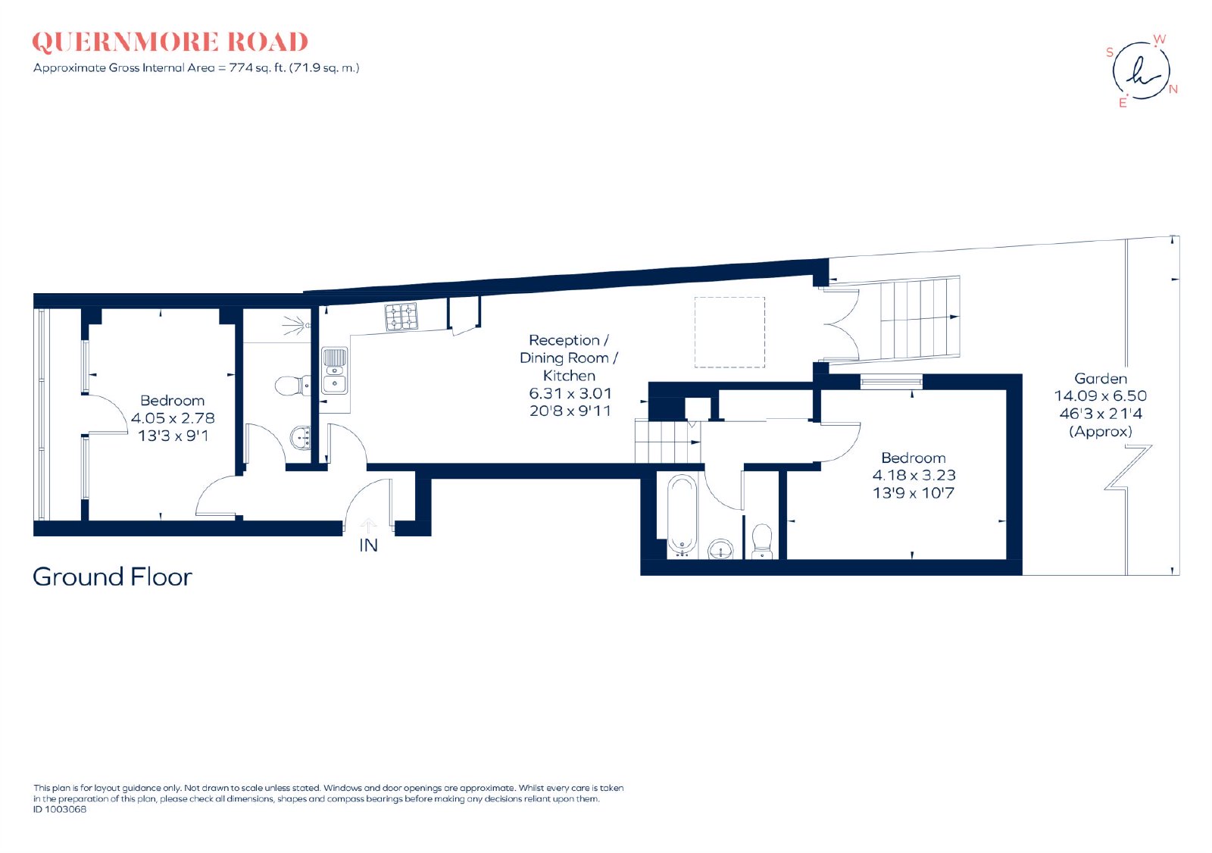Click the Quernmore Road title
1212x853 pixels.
(170, 42)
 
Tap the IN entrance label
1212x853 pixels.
(368, 545)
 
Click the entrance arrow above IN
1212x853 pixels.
(368, 526)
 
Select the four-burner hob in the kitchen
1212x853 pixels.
(401, 317)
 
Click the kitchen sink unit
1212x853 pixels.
(335, 370)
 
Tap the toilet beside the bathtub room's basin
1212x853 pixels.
(762, 540)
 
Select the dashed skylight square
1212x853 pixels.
(729, 333)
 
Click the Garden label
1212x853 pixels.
(1101, 378)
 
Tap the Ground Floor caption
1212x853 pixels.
(113, 577)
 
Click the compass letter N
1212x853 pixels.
(1173, 89)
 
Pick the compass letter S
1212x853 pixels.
(1110, 52)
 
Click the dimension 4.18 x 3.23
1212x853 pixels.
(914, 475)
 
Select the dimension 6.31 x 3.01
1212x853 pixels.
(570, 393)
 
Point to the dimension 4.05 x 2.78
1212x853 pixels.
(173, 418)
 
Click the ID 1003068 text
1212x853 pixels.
(60, 809)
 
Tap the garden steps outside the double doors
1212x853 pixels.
(920, 317)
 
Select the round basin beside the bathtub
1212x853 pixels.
(720, 548)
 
